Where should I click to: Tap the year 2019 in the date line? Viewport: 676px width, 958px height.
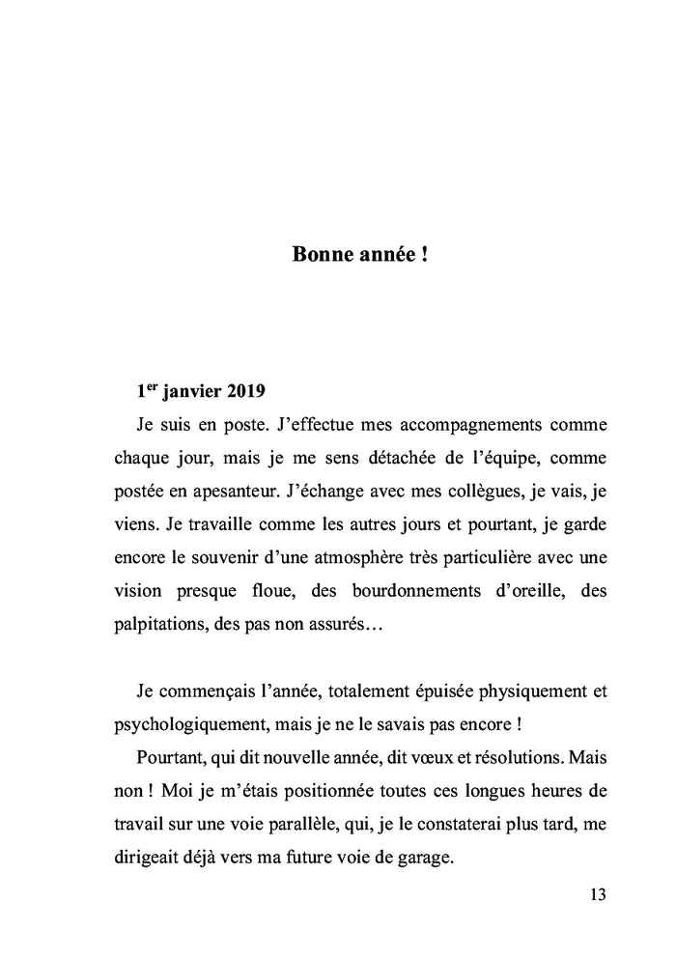click(x=249, y=393)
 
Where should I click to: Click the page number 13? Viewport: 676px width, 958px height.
click(x=596, y=894)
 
